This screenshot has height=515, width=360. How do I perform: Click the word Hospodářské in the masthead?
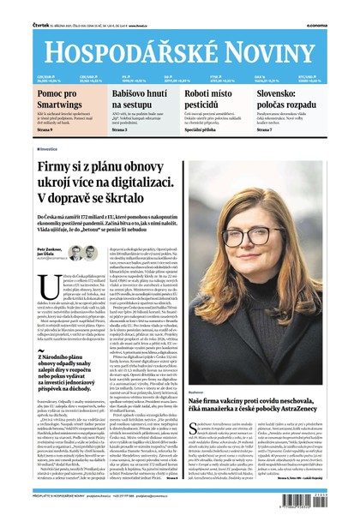(120, 37)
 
